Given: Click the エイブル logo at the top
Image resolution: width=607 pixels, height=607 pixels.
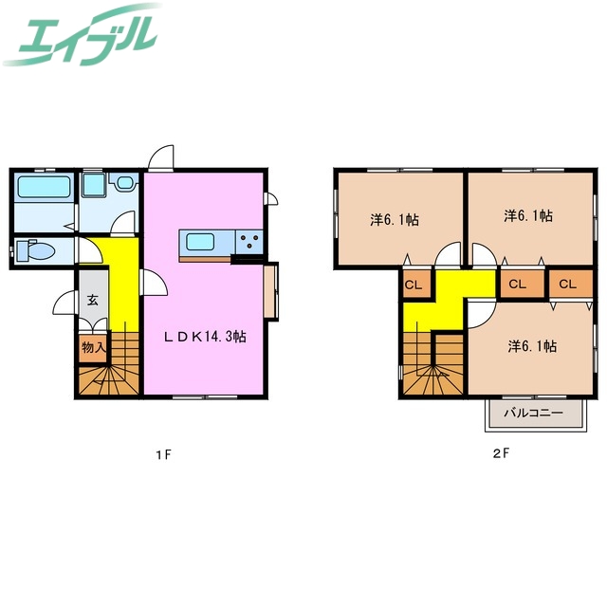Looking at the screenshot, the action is tap(83, 35).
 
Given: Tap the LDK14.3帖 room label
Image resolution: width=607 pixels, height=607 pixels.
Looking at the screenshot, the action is tap(205, 337).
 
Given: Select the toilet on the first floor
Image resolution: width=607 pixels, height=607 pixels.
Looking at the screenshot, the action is tap(36, 250).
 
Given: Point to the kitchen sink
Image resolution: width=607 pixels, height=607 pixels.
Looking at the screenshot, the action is tap(200, 243).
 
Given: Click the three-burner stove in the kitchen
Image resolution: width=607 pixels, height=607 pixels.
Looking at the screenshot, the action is tap(249, 243).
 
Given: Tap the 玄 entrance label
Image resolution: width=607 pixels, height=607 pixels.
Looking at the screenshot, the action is tap(92, 300).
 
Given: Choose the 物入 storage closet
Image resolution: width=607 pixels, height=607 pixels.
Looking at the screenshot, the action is tap(93, 347).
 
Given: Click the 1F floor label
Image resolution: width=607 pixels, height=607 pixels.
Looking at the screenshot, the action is tap(163, 455).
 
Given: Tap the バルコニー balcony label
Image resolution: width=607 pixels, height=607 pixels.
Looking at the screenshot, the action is tap(533, 414).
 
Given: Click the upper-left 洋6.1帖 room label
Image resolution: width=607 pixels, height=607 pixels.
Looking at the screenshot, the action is tap(395, 220).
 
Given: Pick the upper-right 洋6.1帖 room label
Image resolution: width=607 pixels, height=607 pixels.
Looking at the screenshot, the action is tap(528, 215).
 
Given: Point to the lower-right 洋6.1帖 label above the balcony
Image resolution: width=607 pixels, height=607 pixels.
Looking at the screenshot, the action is tap(532, 346).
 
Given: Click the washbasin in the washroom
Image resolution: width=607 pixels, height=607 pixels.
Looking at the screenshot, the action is tap(124, 182).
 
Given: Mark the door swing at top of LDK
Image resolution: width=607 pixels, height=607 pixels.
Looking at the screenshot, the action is tap(161, 157).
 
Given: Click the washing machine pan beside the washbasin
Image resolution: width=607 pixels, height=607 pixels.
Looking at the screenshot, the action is tap(94, 185).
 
